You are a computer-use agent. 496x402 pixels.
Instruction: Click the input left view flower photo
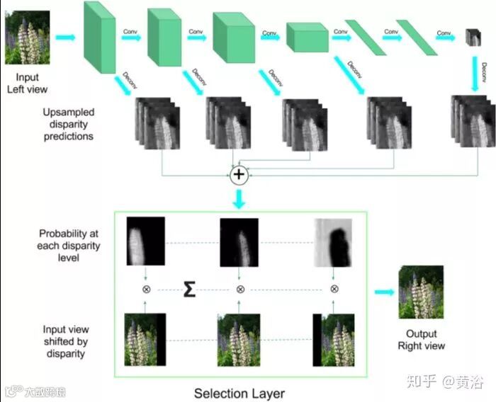point(27,38)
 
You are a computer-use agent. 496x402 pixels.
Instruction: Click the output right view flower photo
point(421,292)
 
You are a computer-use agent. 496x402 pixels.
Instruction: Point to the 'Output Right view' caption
point(421,340)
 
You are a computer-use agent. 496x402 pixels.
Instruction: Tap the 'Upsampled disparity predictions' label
point(67,124)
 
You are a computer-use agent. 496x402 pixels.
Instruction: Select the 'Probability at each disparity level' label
point(69,245)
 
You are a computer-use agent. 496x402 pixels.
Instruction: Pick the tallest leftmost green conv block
point(98,37)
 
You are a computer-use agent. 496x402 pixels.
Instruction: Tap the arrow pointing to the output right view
point(383,292)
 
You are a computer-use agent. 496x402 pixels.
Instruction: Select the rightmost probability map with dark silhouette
point(334,241)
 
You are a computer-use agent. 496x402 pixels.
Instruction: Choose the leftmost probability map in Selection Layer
point(145,241)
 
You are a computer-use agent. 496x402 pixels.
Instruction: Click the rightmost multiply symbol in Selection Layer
point(334,289)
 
